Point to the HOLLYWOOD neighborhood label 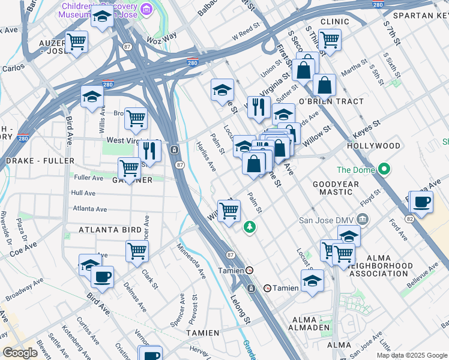tap(373, 146)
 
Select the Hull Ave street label tap(83, 193)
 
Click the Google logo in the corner tap(20, 352)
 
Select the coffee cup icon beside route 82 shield tap(421, 202)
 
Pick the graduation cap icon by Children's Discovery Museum tap(103, 18)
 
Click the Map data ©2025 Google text tap(411, 355)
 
